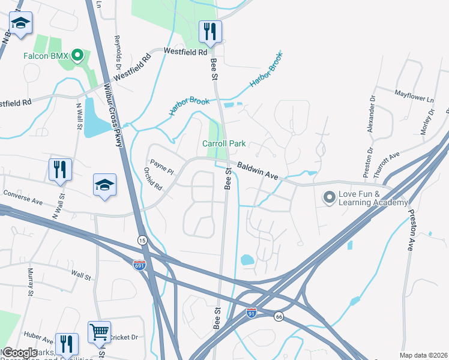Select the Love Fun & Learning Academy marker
[x=329, y=197]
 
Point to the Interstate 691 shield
[x=139, y=266]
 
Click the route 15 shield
[x=142, y=240]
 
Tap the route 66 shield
[x=279, y=316]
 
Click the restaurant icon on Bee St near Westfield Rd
[x=210, y=31]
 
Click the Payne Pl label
[x=161, y=167]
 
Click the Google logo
[x=20, y=353]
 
